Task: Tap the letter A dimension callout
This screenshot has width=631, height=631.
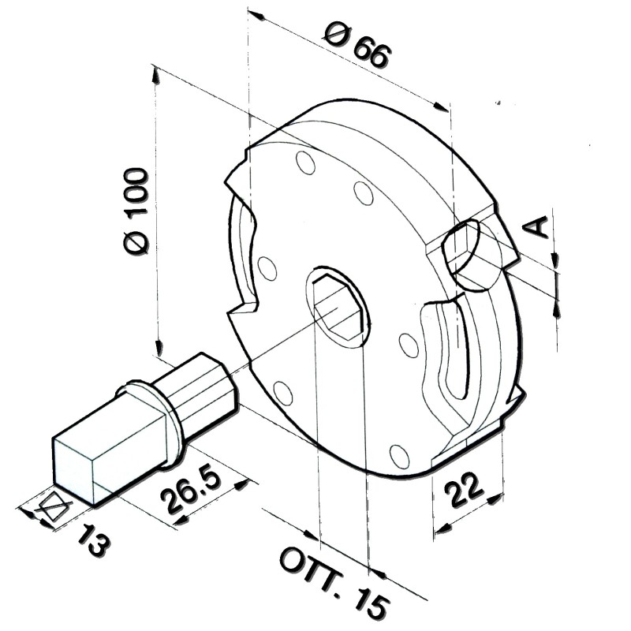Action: (537, 226)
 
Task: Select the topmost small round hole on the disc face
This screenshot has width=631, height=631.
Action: (305, 163)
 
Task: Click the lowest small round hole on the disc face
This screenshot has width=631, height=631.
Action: (400, 455)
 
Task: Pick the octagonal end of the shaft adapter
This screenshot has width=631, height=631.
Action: (206, 386)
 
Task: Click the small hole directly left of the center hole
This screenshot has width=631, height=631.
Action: (267, 268)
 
